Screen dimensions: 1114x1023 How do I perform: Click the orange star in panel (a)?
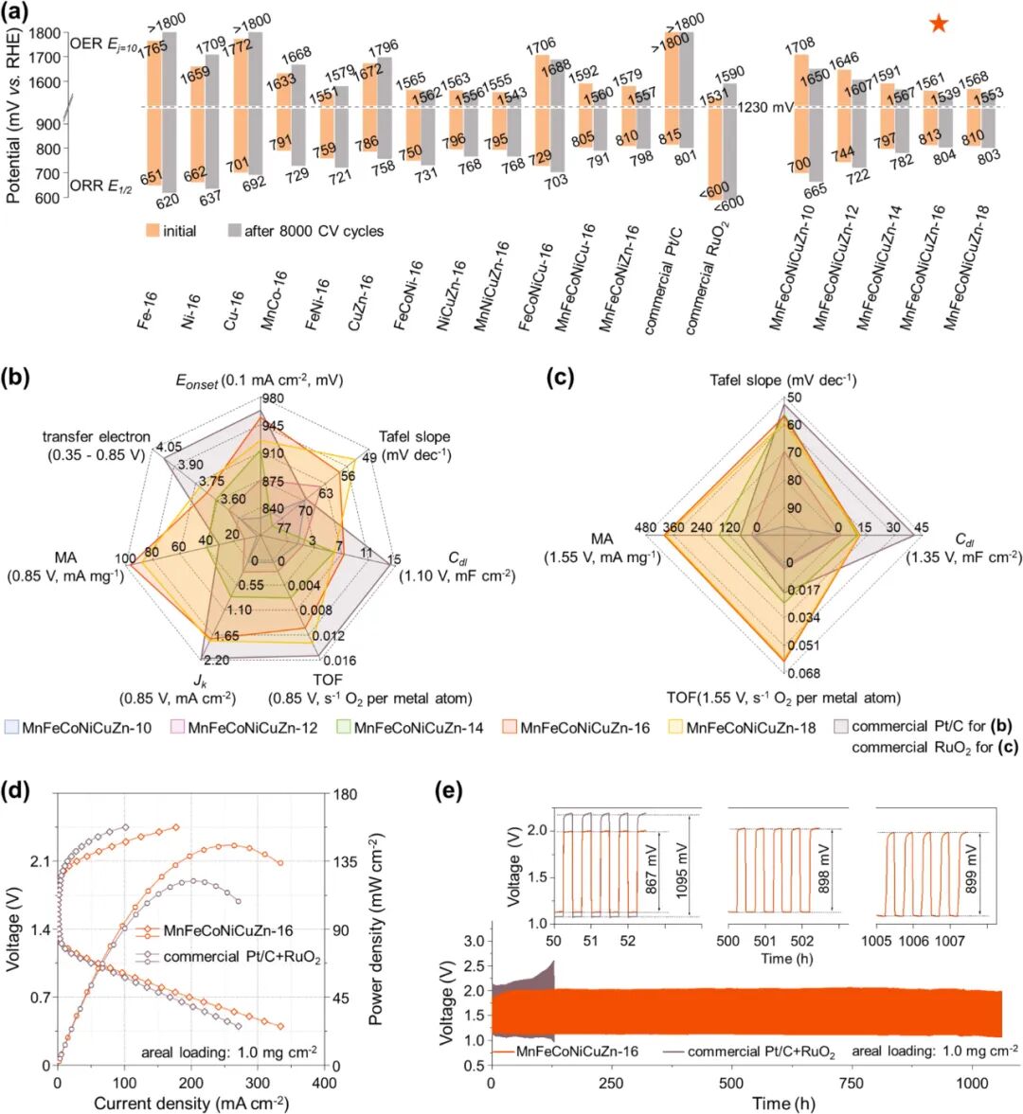coord(938,24)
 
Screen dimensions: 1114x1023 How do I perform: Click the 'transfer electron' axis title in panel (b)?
coord(96,445)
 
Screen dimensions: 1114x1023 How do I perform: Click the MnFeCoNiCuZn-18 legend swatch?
coord(675,728)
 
